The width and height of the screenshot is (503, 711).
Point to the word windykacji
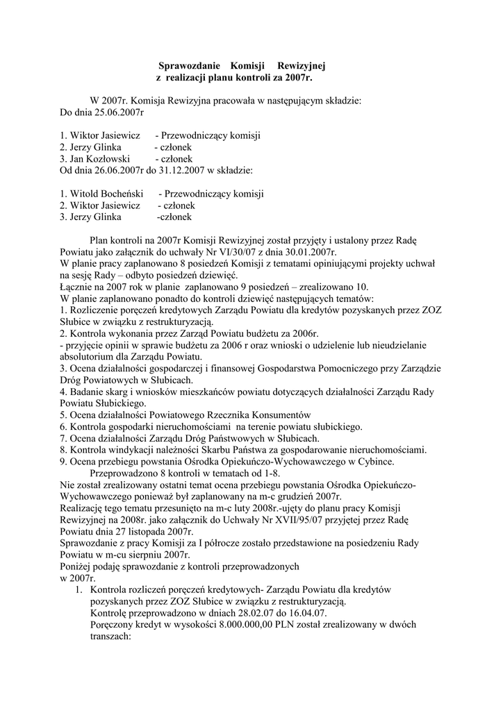tap(127, 450)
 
